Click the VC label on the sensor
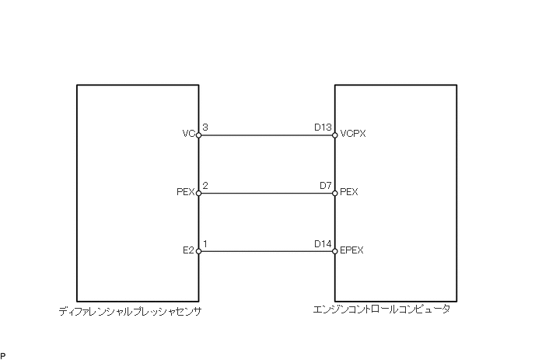tap(187, 134)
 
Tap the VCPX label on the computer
tap(353, 134)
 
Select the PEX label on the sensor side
tap(185, 192)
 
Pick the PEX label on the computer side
tap(349, 192)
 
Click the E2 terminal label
tap(187, 250)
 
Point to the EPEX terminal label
tap(352, 250)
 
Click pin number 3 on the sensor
tap(205, 127)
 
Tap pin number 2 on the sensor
tap(205, 185)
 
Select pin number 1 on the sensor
tap(205, 243)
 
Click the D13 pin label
tap(323, 127)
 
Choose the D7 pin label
tap(326, 185)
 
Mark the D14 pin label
tap(323, 243)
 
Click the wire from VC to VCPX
tap(267, 135)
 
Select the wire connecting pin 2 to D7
tap(267, 194)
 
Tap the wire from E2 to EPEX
tap(267, 251)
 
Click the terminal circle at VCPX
tap(335, 135)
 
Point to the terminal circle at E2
tap(199, 251)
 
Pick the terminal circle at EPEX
tap(335, 251)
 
